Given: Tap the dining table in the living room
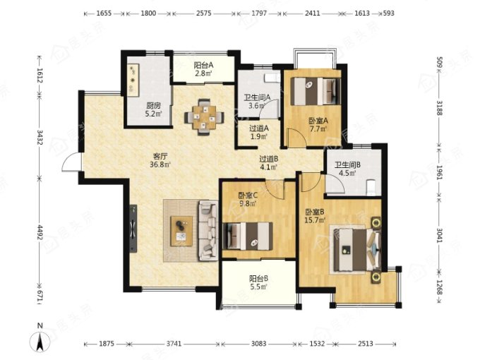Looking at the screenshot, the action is [x=204, y=117].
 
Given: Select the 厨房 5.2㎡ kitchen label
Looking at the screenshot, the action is [x=153, y=110].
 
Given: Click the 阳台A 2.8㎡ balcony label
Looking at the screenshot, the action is [x=203, y=69].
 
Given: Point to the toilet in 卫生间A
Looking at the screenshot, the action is [x=272, y=78].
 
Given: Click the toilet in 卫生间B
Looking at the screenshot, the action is [x=371, y=187].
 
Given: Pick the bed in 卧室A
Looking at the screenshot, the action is [x=316, y=91].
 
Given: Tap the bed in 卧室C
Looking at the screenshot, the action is [x=248, y=236].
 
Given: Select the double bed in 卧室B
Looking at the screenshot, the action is [x=355, y=250].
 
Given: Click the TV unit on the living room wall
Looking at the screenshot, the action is [x=133, y=229].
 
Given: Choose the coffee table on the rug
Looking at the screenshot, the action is [x=181, y=231].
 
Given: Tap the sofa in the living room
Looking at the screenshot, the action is [x=208, y=231].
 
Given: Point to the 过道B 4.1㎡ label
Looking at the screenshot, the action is [x=268, y=163].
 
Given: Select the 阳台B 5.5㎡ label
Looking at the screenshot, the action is [x=258, y=282].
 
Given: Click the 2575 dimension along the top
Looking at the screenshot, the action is [x=203, y=13].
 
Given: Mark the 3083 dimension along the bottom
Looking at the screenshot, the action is [x=258, y=344].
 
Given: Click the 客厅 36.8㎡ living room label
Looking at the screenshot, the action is [x=160, y=160].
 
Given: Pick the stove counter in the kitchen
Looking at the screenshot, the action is [x=133, y=78].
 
